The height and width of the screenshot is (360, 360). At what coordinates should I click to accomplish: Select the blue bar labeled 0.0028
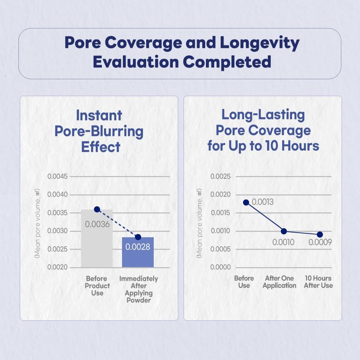[x=138, y=254]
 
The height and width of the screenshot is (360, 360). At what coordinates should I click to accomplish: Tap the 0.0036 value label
[x=97, y=224]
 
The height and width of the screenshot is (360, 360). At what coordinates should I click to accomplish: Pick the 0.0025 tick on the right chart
[x=221, y=176]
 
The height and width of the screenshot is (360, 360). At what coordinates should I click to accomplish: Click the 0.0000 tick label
[x=221, y=267]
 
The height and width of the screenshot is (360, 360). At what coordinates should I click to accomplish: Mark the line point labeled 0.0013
[x=246, y=202]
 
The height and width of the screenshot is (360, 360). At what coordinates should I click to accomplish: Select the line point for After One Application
[x=283, y=231]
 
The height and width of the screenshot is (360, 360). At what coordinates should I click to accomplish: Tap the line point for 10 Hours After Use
[x=319, y=234]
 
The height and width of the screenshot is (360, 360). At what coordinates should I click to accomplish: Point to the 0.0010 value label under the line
[x=283, y=243]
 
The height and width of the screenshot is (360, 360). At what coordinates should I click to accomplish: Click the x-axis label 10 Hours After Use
[x=319, y=282]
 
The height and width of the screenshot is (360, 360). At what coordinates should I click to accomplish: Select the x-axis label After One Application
[x=279, y=282]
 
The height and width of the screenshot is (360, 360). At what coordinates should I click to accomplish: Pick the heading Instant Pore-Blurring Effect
[x=99, y=131]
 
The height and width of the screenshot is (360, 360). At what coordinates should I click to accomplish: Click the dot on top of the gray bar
[x=97, y=209]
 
